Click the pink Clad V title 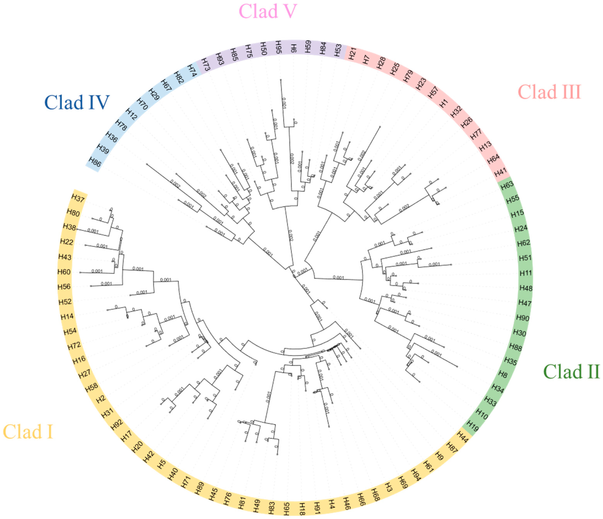tap(268, 11)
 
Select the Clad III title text tap(549, 92)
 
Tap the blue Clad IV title tap(77, 103)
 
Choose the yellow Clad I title tap(28, 432)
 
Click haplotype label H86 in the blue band tap(95, 162)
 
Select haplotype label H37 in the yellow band tap(78, 198)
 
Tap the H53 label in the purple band tap(338, 50)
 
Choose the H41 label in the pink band tap(500, 172)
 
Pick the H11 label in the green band tap(526, 273)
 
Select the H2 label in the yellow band tap(101, 399)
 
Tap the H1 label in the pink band tap(444, 103)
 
